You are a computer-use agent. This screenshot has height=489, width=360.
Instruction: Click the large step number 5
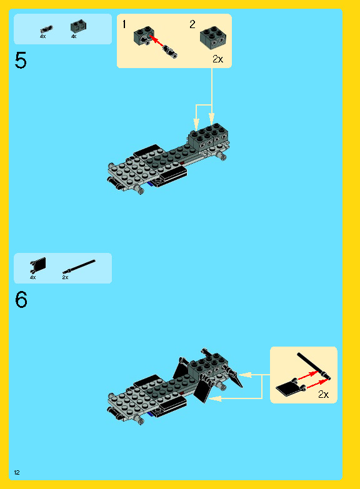[21, 61]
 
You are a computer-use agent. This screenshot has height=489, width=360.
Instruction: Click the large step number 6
[21, 300]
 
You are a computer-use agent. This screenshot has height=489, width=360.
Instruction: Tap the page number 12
[17, 473]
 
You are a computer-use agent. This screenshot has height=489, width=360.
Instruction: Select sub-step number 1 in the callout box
[124, 24]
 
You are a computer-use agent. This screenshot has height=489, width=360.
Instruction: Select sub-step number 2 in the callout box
[192, 24]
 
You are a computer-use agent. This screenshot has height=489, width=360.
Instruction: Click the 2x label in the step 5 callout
[217, 59]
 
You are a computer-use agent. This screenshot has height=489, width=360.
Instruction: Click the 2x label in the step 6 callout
[324, 395]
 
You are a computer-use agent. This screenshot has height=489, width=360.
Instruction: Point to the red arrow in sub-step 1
[156, 41]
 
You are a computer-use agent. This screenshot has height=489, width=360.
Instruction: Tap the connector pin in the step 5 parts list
[46, 29]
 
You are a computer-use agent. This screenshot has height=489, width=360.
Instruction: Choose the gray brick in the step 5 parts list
[78, 26]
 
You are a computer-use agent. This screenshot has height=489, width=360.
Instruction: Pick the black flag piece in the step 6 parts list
[38, 265]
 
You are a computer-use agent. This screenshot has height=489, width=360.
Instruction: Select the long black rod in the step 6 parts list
[79, 267]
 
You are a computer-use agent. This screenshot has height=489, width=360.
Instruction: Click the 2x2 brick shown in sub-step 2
[213, 37]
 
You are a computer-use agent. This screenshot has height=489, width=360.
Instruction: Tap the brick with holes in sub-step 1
[143, 36]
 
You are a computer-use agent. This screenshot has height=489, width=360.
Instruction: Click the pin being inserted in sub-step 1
[170, 51]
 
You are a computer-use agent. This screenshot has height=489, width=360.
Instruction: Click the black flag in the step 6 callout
[291, 387]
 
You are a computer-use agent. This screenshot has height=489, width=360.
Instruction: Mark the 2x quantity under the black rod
[65, 277]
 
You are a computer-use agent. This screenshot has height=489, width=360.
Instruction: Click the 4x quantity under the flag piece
[32, 277]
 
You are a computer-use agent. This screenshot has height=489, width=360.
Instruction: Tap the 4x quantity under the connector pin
[42, 36]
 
